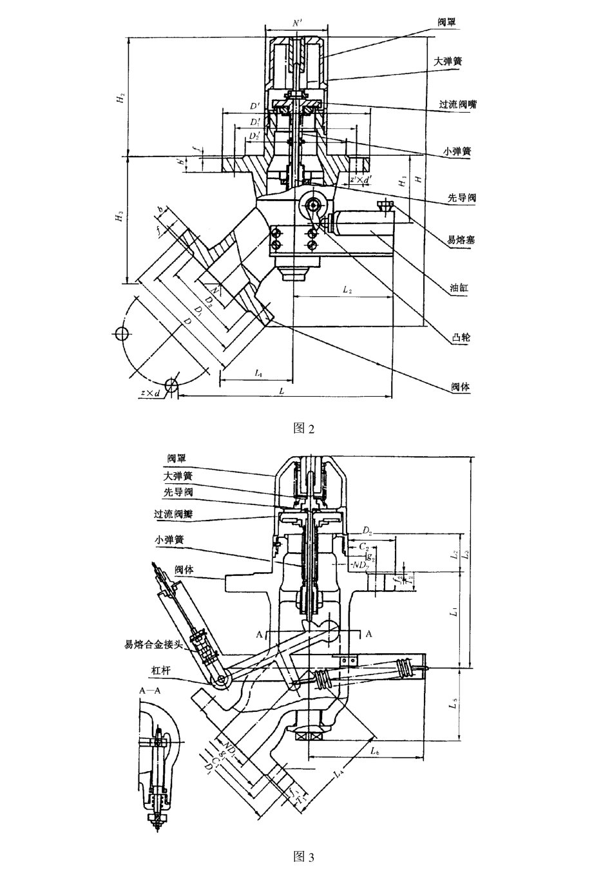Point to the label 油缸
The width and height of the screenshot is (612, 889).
[x=459, y=288]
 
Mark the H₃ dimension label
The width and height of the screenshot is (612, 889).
[x=120, y=218]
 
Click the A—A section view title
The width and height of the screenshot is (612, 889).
[x=149, y=689]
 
